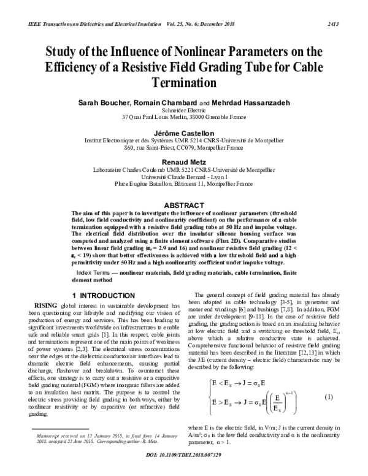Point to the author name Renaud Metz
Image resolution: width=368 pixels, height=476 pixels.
[x=184, y=156]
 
